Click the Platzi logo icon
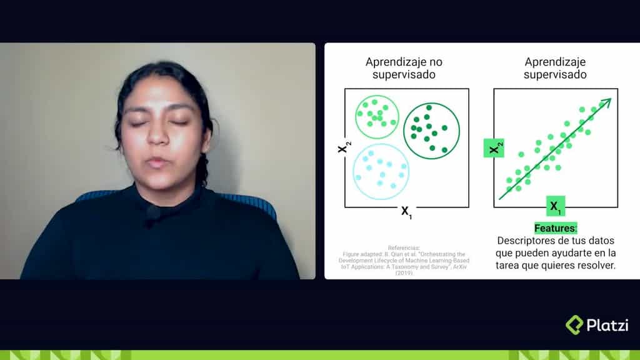click(x=574, y=325)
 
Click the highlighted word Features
click(x=555, y=229)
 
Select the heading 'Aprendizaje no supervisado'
click(x=400, y=68)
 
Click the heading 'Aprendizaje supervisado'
click(x=555, y=68)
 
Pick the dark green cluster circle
click(x=431, y=131)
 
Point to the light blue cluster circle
click(x=381, y=171)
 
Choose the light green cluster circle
click(x=377, y=117)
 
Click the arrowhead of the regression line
click(x=607, y=102)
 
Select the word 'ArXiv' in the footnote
click(x=457, y=266)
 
